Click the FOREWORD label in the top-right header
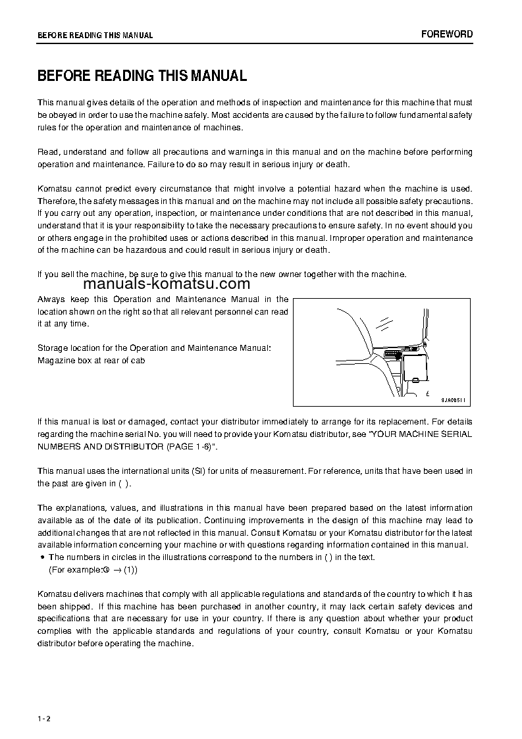447,34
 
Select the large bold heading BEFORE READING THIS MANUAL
142,76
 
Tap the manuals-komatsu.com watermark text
167,284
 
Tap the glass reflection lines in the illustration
384,321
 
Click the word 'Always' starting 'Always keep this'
51,299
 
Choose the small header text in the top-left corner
95,36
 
